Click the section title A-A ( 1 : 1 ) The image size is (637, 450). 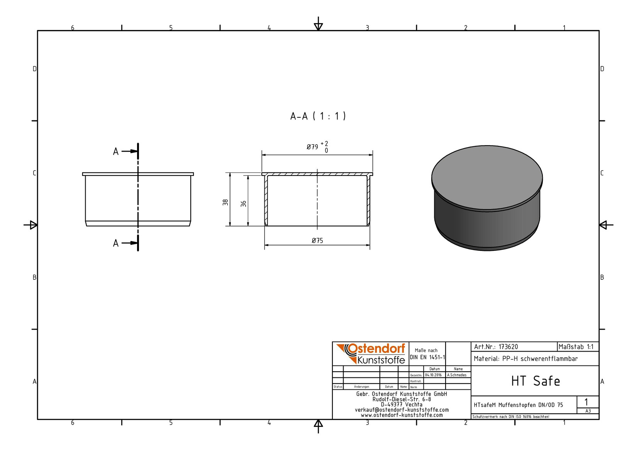tap(318, 116)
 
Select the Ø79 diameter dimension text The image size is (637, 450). tap(312, 147)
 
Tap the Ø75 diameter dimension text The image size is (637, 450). tap(317, 241)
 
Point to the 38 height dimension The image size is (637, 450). tap(225, 202)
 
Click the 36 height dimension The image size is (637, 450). tap(244, 203)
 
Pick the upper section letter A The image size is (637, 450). tap(115, 152)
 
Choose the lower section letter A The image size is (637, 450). tap(115, 244)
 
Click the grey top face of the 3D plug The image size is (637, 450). tap(487, 178)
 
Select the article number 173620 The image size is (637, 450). tap(508, 347)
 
